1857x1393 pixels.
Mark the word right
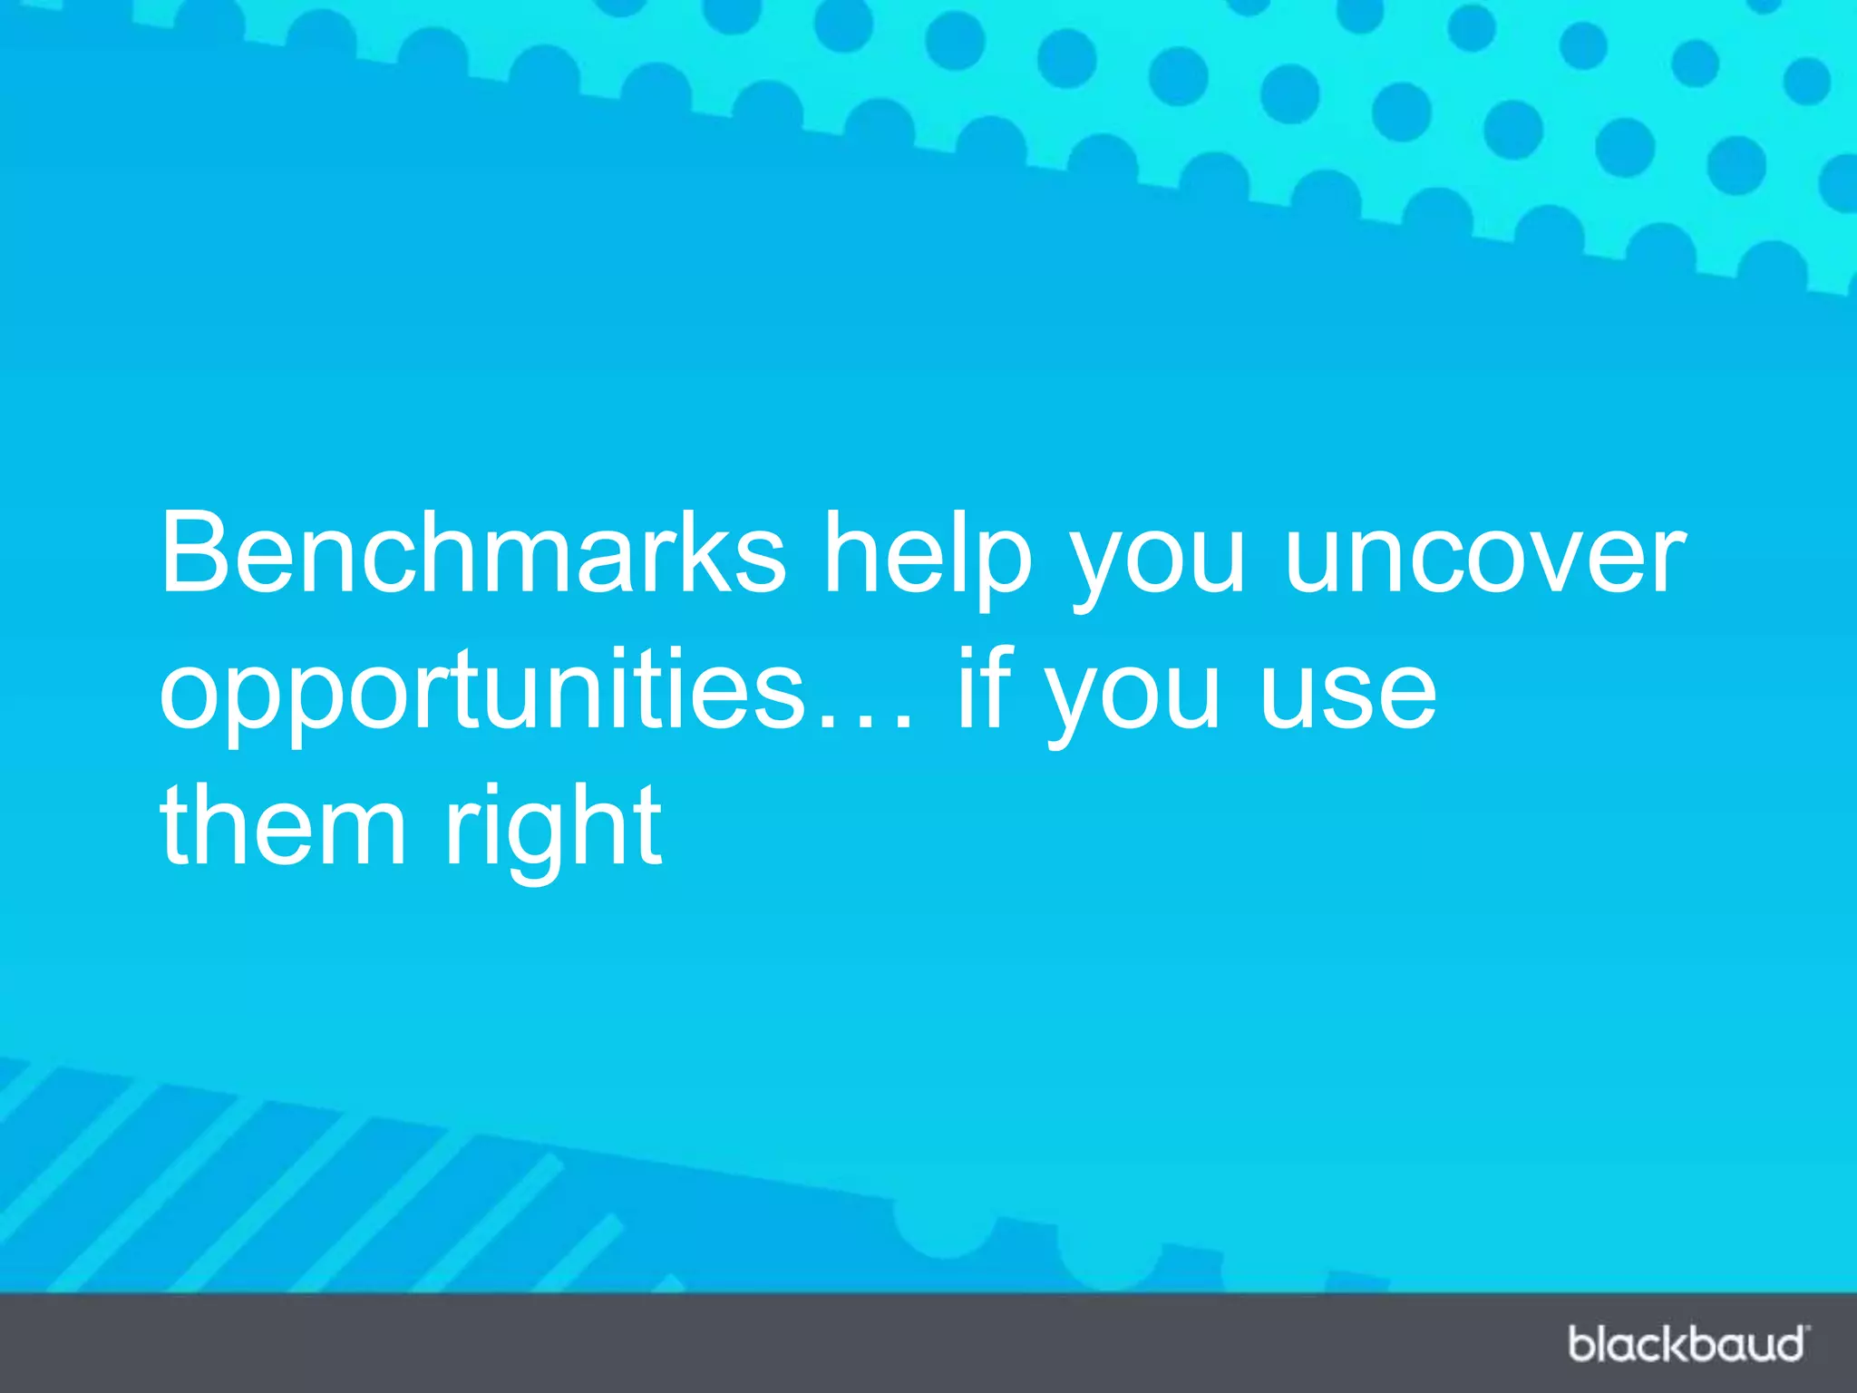(553, 830)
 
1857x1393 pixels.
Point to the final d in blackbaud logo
(1787, 1343)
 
